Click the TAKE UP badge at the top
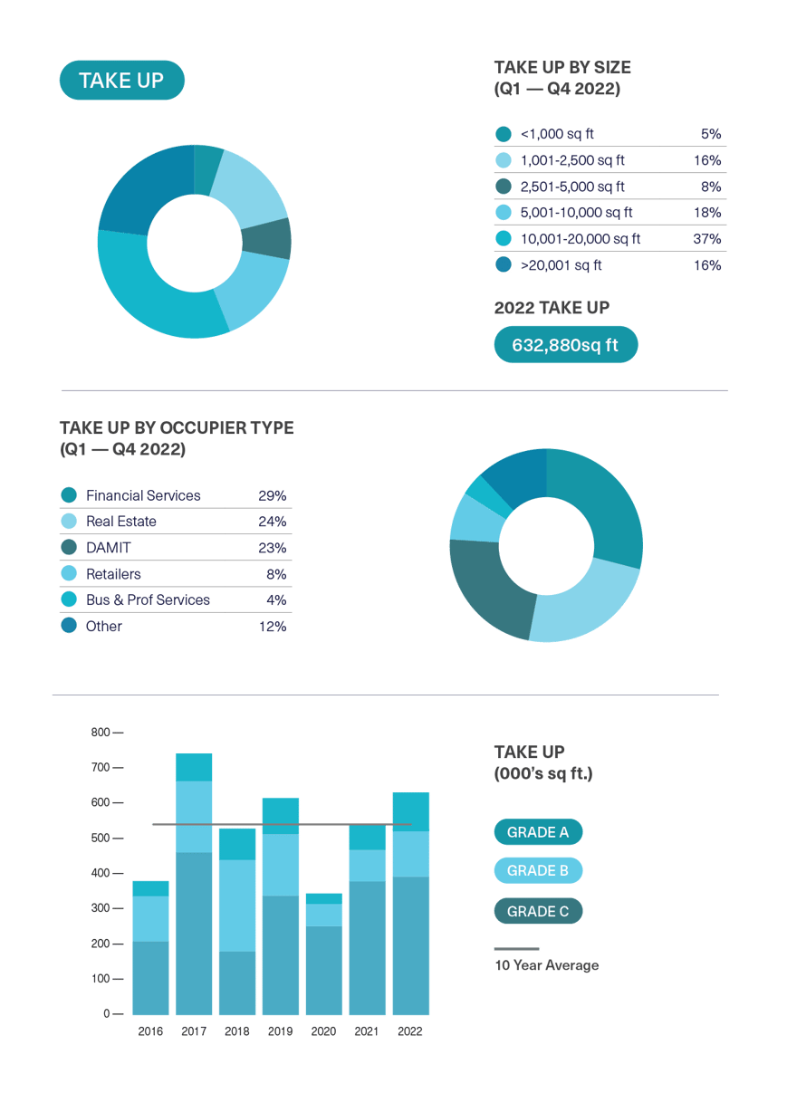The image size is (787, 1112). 121,81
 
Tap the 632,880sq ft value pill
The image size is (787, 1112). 566,345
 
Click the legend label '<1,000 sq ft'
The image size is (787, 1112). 557,134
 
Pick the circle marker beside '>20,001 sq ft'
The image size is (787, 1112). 504,265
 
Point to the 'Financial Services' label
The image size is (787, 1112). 143,495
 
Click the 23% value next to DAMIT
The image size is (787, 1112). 272,548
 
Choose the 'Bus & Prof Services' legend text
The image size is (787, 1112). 148,599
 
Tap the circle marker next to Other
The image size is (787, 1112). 69,626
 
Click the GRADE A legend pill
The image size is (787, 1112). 538,832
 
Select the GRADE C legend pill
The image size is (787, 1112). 538,911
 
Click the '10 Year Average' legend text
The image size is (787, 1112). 546,965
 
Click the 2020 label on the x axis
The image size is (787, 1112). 323,1031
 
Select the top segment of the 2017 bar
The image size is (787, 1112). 194,766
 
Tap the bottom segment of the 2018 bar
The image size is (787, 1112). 237,983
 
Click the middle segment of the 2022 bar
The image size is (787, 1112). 410,854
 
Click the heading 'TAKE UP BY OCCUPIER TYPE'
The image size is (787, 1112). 177,427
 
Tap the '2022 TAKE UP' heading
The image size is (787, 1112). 552,308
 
